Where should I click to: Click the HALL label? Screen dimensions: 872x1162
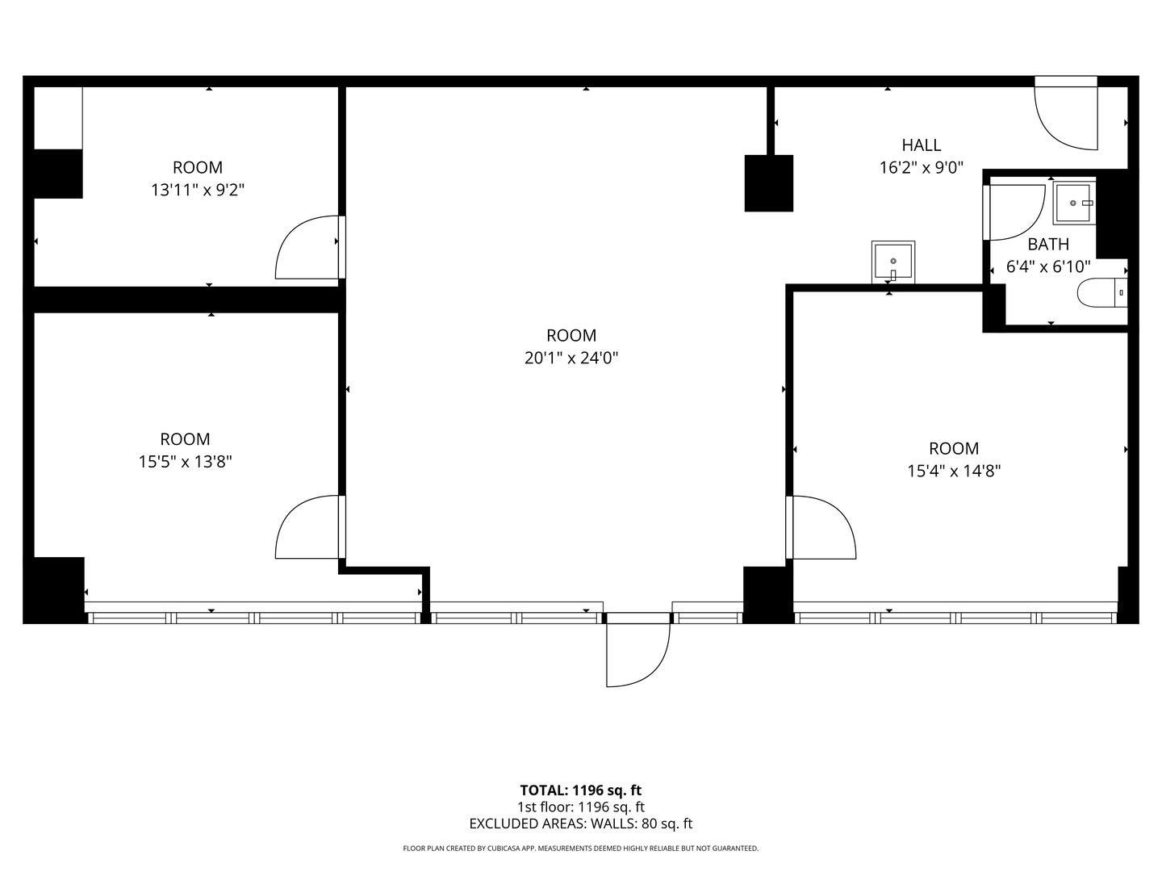tap(921, 145)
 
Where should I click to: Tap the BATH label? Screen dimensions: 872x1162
tap(1047, 244)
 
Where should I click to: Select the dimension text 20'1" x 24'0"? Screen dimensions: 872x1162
tap(571, 358)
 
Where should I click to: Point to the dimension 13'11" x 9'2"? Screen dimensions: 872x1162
tap(198, 190)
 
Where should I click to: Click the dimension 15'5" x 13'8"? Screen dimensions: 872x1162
tap(185, 462)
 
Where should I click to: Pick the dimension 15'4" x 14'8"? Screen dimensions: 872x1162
tap(954, 471)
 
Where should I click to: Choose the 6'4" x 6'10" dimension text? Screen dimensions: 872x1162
tap(1048, 266)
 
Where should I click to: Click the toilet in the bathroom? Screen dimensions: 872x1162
tap(1102, 292)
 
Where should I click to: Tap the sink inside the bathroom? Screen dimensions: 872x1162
tap(1074, 203)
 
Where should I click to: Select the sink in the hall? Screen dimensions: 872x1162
tap(892, 262)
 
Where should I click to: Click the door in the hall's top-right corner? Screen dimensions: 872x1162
tap(1065, 117)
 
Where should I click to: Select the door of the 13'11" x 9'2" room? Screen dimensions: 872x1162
tap(308, 248)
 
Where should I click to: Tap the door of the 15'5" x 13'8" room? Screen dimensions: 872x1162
tap(308, 527)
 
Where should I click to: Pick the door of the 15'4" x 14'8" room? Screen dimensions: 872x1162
tap(822, 527)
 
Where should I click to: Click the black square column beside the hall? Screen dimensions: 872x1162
tap(768, 183)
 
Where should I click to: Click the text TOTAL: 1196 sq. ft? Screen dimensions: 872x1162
tap(580, 790)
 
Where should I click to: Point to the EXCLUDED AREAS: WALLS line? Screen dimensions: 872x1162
tap(580, 824)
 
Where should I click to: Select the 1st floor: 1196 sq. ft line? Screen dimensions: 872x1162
tap(580, 807)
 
